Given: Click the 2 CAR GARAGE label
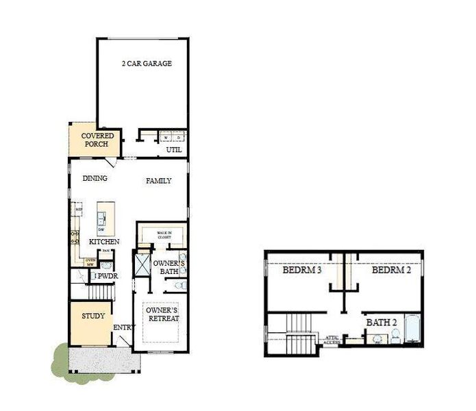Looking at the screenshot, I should tap(147, 64).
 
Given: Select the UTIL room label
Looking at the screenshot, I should tap(174, 149).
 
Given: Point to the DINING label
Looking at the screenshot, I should tap(95, 179).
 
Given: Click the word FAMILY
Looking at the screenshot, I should tap(158, 181).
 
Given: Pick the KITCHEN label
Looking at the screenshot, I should tap(104, 242).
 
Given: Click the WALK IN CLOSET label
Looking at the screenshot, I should tap(164, 235).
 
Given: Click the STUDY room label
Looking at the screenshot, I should tap(93, 316).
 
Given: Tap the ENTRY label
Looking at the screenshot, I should tap(122, 327).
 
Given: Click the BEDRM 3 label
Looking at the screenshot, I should tap(302, 271).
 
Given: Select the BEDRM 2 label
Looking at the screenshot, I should tap(391, 271).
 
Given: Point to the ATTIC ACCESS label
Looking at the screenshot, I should tap(332, 338).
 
